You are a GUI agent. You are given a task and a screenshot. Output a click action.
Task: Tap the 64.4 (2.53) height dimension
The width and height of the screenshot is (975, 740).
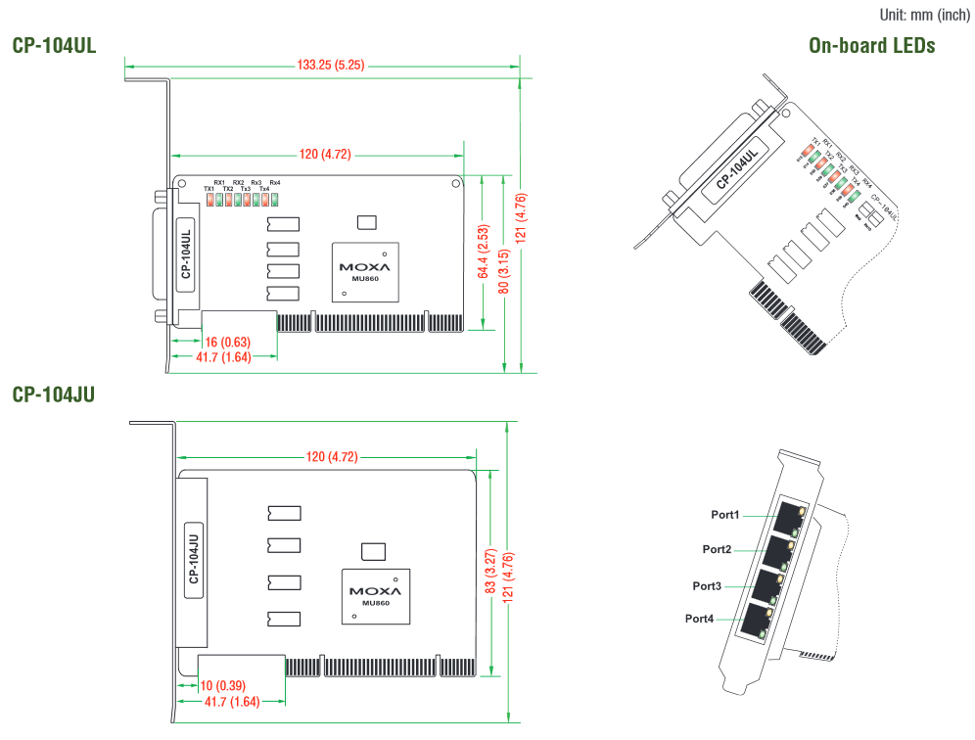pos(484,253)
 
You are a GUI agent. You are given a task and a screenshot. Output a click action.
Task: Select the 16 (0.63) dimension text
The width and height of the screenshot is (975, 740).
pos(226,342)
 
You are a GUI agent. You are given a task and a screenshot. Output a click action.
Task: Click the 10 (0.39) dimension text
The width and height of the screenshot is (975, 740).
pos(223,684)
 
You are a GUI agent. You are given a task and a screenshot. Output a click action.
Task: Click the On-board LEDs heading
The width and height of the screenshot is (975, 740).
pos(871,46)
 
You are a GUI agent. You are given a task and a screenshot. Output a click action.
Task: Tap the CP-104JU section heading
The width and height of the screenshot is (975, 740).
pos(54,394)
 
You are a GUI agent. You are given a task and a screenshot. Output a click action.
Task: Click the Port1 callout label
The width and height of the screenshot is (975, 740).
pos(725,514)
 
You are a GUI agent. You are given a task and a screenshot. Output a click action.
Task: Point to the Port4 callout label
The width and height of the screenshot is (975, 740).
pos(699,619)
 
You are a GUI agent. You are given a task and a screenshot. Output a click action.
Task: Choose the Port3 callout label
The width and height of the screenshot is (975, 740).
pos(707,585)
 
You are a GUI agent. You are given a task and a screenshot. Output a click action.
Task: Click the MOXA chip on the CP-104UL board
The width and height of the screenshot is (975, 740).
pos(364,271)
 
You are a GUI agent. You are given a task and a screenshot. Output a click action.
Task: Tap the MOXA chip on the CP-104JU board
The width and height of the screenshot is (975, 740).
pos(375,595)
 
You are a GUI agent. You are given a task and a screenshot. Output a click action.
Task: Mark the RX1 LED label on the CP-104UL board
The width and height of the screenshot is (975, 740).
pos(218,182)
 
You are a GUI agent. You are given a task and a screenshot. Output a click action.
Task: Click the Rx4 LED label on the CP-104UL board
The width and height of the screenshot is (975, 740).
pos(275,182)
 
